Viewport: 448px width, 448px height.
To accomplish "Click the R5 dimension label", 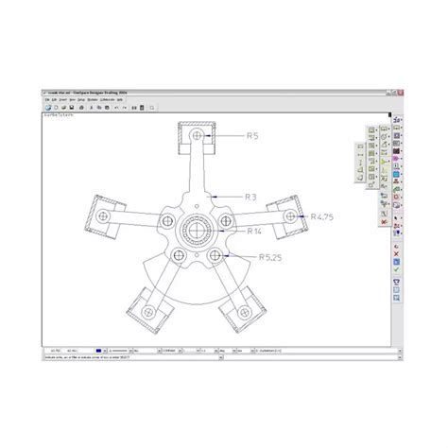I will [x=253, y=137].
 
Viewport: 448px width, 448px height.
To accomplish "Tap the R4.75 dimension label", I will [x=323, y=217].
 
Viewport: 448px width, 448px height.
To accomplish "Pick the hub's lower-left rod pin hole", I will [x=180, y=255].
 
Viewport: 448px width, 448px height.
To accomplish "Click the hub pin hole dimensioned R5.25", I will [x=216, y=255].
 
